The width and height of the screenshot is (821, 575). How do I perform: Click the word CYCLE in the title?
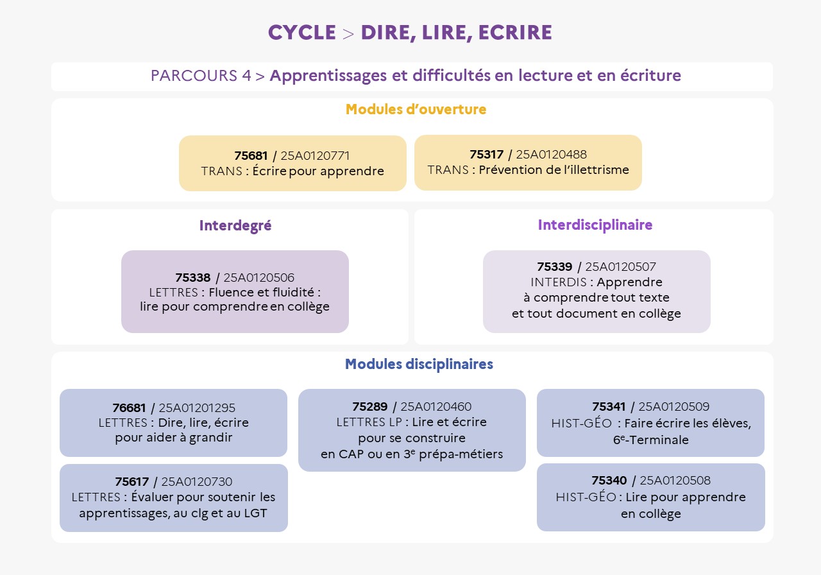pyautogui.click(x=301, y=33)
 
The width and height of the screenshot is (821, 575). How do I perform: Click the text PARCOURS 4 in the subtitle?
pyautogui.click(x=201, y=76)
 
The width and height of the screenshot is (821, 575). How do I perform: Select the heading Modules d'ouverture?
pyautogui.click(x=416, y=110)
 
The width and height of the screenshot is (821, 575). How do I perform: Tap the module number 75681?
pyautogui.click(x=251, y=156)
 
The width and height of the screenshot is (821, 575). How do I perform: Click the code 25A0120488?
pyautogui.click(x=551, y=155)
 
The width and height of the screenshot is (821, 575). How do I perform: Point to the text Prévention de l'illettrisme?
pyautogui.click(x=554, y=170)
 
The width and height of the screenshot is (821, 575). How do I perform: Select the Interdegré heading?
pyautogui.click(x=235, y=226)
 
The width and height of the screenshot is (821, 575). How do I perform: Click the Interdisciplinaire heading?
pyautogui.click(x=595, y=225)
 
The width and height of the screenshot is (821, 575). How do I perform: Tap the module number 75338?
pyautogui.click(x=192, y=278)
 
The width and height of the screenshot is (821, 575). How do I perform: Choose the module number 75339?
pyautogui.click(x=555, y=267)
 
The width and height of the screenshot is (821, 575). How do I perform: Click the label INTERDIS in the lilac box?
pyautogui.click(x=557, y=282)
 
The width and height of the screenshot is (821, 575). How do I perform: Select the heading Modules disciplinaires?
pyautogui.click(x=419, y=365)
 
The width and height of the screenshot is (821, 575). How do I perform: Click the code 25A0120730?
pyautogui.click(x=196, y=482)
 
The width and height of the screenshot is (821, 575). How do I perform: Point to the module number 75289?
pyautogui.click(x=369, y=407)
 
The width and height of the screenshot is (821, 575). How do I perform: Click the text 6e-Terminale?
pyautogui.click(x=650, y=440)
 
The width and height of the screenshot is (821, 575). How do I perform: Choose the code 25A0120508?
pyautogui.click(x=675, y=481)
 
